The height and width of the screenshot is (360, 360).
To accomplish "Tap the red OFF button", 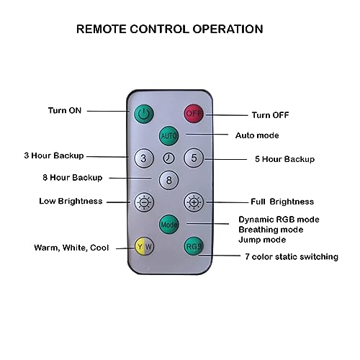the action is pyautogui.click(x=194, y=113).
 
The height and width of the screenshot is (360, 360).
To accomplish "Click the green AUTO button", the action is pyautogui.click(x=168, y=135).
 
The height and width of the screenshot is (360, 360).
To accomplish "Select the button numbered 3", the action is pyautogui.click(x=144, y=158).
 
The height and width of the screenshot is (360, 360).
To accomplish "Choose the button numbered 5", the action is pyautogui.click(x=194, y=158).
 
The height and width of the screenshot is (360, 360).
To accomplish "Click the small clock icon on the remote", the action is pyautogui.click(x=168, y=158).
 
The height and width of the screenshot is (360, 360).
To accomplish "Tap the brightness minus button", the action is pyautogui.click(x=144, y=202).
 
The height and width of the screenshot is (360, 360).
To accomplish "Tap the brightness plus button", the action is pyautogui.click(x=194, y=202).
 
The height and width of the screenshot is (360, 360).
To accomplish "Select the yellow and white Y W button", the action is pyautogui.click(x=144, y=246).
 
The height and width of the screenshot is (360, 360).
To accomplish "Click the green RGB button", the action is pyautogui.click(x=194, y=246).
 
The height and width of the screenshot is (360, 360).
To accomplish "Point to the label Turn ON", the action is pyautogui.click(x=65, y=110).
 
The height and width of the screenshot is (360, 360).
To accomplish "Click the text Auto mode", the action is pyautogui.click(x=257, y=135).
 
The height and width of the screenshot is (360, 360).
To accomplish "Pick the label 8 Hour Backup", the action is pyautogui.click(x=73, y=178).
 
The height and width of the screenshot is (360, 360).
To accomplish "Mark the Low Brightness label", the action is pyautogui.click(x=71, y=201).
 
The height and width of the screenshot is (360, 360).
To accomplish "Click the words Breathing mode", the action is pyautogui.click(x=271, y=230).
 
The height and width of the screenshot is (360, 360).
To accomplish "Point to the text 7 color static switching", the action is pyautogui.click(x=292, y=256).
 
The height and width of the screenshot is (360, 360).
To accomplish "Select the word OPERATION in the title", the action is pyautogui.click(x=228, y=29).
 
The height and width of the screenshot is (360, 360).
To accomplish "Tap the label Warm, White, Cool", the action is pyautogui.click(x=71, y=248).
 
